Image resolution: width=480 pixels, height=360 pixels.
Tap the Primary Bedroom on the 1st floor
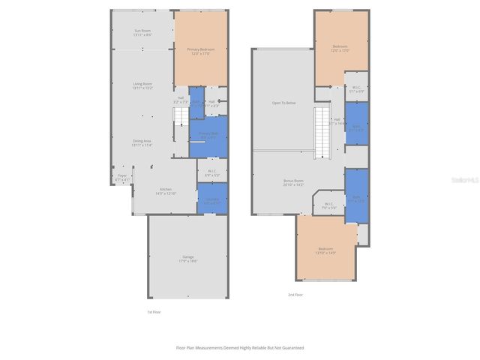click(200, 50)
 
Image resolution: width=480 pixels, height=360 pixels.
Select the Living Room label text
click(142, 85)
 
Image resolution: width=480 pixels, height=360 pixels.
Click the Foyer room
click(122, 178)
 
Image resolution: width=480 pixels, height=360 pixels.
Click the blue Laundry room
click(212, 199)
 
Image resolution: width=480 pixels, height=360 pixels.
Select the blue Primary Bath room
click(208, 136)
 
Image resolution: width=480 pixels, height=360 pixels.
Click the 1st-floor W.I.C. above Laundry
click(212, 172)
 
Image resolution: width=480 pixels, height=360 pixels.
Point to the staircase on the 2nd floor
click(322, 131)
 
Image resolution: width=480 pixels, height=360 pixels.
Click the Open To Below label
click(282, 103)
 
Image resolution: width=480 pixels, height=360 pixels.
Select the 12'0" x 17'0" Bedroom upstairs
click(341, 49)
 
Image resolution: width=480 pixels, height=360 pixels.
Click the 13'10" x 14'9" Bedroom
click(325, 250)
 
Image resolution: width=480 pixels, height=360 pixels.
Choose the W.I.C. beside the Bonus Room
click(328, 205)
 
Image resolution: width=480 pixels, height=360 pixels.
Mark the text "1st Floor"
click(153, 311)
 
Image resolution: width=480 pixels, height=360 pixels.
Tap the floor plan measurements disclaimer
click(240, 347)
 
